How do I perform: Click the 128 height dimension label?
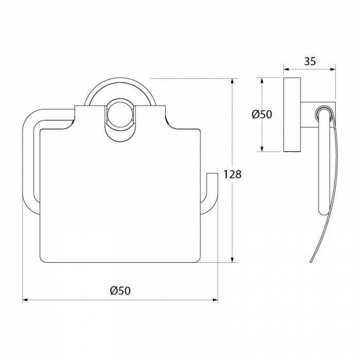pyautogui.click(x=232, y=174)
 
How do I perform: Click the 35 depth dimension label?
pyautogui.click(x=310, y=61)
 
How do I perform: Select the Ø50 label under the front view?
pyautogui.click(x=120, y=291)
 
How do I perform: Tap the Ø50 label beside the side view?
pyautogui.click(x=262, y=114)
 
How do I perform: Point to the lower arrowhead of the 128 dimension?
pyautogui.click(x=232, y=259)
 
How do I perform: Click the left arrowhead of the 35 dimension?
pyautogui.click(x=287, y=69)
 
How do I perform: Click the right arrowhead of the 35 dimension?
pyautogui.click(x=332, y=69)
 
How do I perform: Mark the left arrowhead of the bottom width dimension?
pyautogui.click(x=26, y=300)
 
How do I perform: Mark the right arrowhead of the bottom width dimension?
pyautogui.click(x=214, y=300)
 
